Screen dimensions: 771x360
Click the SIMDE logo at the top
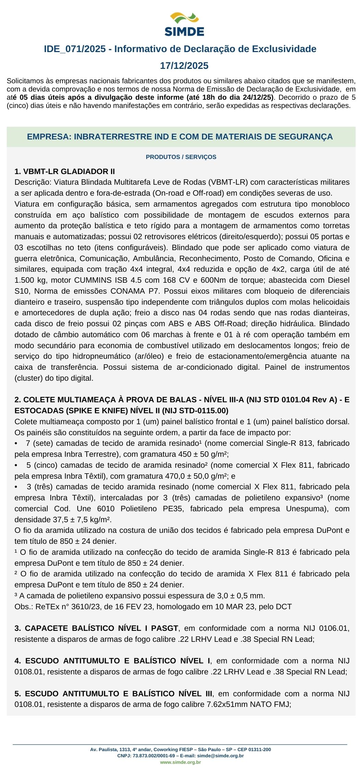(x=184, y=24)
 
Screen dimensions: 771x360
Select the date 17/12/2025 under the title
(x=184, y=66)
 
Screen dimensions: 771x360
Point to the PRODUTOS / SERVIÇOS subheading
(x=181, y=157)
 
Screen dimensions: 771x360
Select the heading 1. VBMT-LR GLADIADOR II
(x=65, y=171)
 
